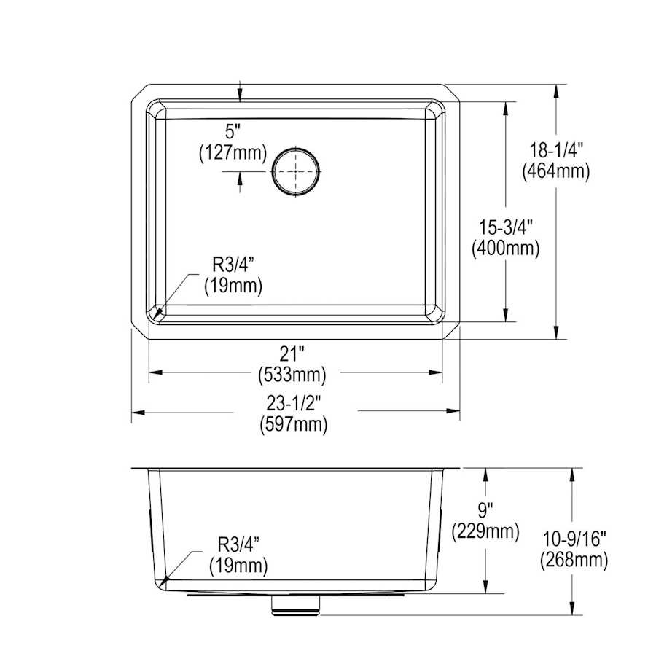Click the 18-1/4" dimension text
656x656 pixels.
coord(556,149)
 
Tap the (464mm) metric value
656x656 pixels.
coord(556,171)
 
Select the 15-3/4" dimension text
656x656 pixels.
coord(505,228)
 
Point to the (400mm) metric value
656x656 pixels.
coord(505,249)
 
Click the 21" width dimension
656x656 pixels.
coord(292,355)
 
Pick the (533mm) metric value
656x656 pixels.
coord(292,375)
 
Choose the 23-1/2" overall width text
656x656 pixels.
coord(294,403)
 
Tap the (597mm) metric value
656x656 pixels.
coord(294,425)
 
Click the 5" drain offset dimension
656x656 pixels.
coord(233,132)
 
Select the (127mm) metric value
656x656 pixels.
coord(233,152)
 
